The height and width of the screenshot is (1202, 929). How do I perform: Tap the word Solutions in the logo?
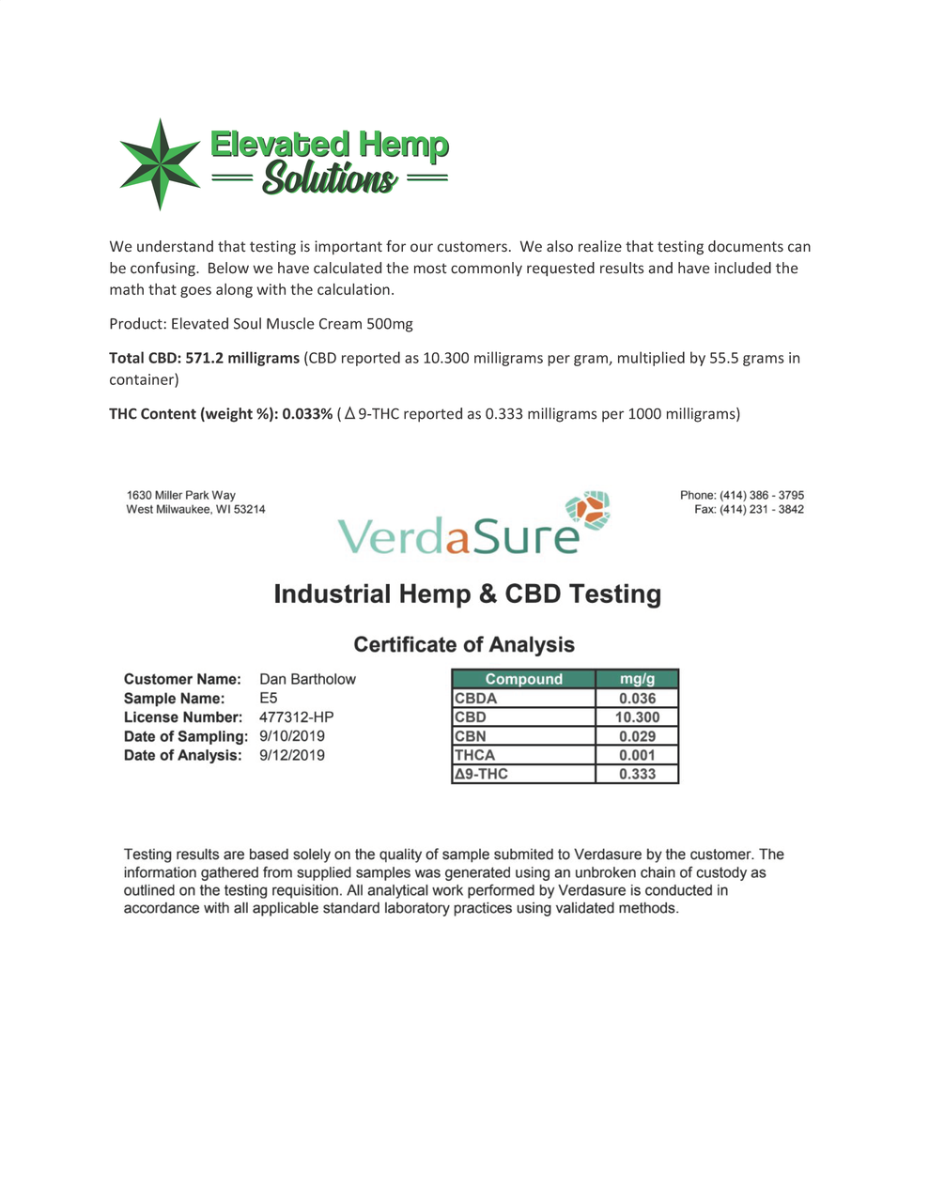(329, 177)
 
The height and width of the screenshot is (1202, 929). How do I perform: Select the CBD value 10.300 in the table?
(637, 717)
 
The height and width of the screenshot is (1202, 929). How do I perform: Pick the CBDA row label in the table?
(476, 699)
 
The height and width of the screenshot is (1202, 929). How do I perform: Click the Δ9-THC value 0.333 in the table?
(637, 774)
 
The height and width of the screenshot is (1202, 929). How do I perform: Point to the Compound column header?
(523, 679)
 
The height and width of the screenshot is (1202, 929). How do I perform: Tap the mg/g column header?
(637, 679)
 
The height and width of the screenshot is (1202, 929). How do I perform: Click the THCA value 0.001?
(637, 755)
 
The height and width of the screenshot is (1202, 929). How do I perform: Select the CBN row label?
(471, 736)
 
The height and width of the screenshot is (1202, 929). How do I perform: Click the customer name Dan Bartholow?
(307, 679)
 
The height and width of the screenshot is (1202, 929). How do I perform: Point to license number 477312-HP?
(296, 717)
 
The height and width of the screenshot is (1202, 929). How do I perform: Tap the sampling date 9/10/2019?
(291, 736)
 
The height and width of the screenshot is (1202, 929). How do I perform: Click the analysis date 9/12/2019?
(291, 755)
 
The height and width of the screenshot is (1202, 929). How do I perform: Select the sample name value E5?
(269, 699)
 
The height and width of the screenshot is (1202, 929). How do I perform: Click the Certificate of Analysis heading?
(464, 645)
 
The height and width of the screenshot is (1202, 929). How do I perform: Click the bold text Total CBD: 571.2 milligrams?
(204, 358)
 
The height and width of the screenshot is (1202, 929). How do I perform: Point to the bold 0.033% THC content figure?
(307, 414)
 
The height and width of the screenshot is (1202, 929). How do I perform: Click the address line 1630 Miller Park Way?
(181, 496)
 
